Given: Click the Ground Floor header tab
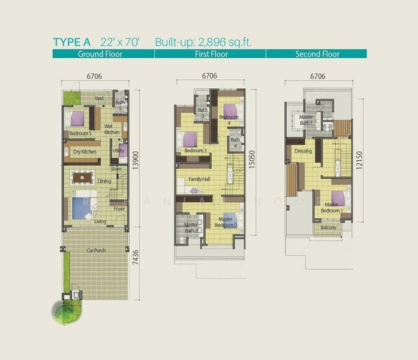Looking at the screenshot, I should (x=100, y=54).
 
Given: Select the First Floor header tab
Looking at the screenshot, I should (x=210, y=54).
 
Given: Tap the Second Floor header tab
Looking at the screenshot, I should (x=317, y=54).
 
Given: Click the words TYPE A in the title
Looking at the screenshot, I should (x=71, y=42).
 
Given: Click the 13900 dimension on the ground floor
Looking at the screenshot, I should (x=137, y=158).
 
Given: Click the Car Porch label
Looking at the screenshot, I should (x=96, y=250).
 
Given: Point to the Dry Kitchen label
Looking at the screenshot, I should (x=85, y=152).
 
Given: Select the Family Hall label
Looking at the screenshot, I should (x=199, y=179).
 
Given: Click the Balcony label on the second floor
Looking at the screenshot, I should (x=328, y=228).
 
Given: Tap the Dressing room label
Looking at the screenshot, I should (x=303, y=151).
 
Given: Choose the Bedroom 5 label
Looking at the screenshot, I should (x=80, y=133).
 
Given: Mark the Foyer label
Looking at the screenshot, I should (x=119, y=209).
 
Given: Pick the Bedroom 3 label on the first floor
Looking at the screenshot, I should (x=196, y=151).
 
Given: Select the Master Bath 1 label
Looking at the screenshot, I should (x=306, y=120).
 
